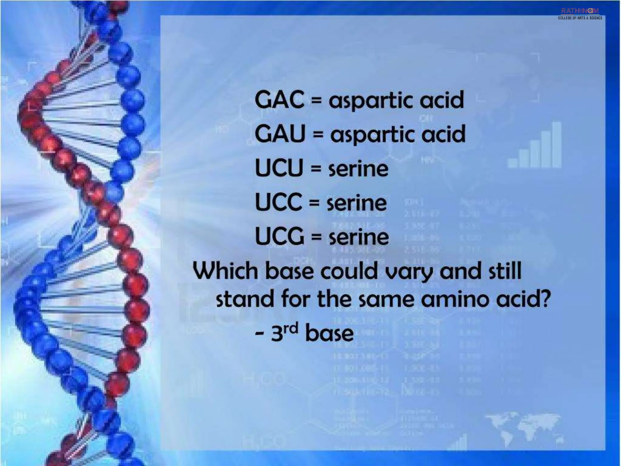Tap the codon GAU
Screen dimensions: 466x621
[280, 134]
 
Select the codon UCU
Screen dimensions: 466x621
[279, 168]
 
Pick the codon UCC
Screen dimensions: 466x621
[278, 202]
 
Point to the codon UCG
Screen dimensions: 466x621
[279, 236]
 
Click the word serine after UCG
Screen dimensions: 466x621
[359, 237]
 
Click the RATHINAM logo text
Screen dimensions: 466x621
[580, 11]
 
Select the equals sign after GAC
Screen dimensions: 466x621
[316, 100]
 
